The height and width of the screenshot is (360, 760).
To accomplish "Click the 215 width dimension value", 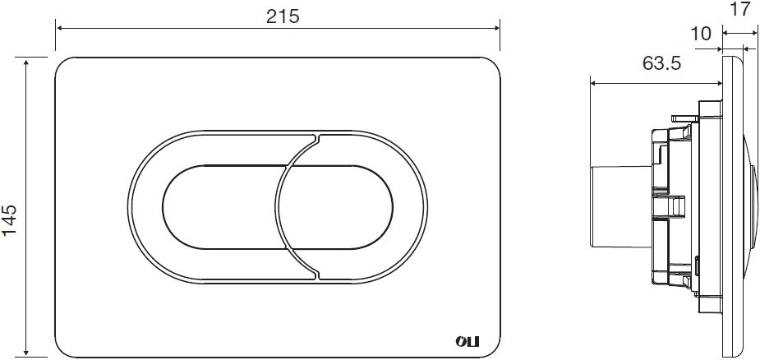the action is click(283, 16).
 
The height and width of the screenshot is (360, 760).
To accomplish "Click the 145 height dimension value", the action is click(10, 219).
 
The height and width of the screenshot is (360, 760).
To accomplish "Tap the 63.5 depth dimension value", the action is click(661, 63).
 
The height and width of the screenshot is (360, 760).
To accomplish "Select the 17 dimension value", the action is click(740, 9).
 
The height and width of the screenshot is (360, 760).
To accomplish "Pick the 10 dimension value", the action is click(700, 34).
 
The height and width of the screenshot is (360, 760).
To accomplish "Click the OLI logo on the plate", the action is click(467, 342).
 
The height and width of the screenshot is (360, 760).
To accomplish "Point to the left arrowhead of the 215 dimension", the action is click(59, 28).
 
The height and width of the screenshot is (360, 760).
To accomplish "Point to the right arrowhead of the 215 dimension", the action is click(495, 28).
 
